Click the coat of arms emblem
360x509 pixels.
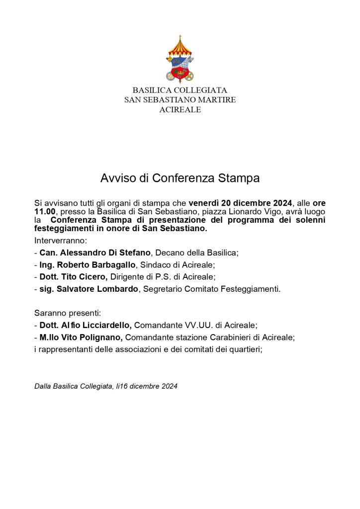tap(180, 59)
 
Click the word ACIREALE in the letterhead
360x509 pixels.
tap(180, 110)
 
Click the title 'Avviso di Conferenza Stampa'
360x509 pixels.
tap(180, 178)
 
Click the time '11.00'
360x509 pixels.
tap(44, 211)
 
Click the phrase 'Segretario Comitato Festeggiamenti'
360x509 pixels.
tap(211, 289)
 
